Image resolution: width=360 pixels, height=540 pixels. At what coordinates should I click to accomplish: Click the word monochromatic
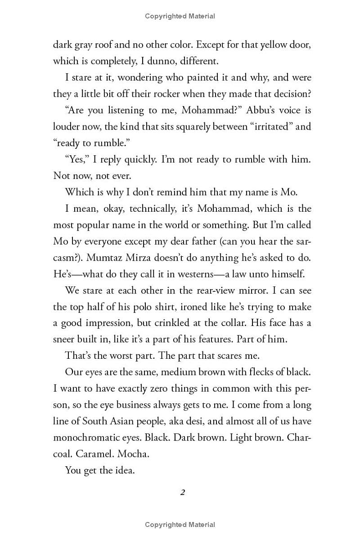click(87, 438)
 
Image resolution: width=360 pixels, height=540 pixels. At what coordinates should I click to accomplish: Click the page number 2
click(182, 492)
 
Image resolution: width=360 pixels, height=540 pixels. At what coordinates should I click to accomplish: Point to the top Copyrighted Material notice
click(180, 16)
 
